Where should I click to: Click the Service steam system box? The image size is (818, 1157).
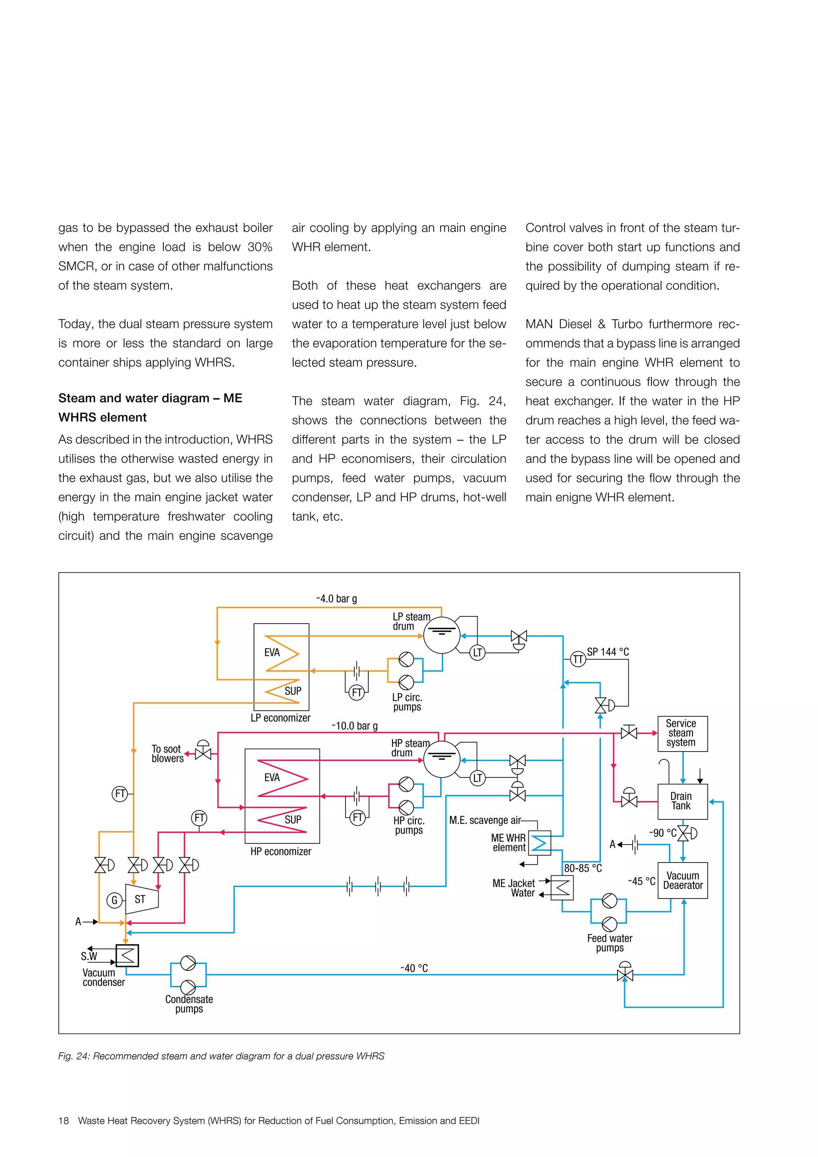click(x=682, y=733)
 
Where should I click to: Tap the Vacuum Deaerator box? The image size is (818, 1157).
click(x=682, y=881)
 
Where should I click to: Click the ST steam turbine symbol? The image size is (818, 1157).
click(x=141, y=899)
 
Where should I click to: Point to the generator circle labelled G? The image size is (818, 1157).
click(x=114, y=900)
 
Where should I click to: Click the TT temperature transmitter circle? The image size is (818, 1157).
click(x=578, y=659)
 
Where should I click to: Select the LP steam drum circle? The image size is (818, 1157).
click(x=441, y=636)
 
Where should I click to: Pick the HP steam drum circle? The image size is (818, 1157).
click(x=441, y=759)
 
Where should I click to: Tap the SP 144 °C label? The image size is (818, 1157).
click(x=608, y=652)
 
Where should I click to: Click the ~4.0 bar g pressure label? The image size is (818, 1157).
click(x=336, y=598)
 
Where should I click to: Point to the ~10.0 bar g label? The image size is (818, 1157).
click(x=354, y=726)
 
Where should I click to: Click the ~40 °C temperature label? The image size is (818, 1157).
click(x=414, y=968)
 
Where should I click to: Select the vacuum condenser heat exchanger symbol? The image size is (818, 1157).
click(x=127, y=955)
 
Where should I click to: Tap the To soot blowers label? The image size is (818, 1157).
click(x=167, y=753)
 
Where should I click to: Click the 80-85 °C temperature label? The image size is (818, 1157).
click(x=583, y=868)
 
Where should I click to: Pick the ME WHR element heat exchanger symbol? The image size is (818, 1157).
click(x=540, y=843)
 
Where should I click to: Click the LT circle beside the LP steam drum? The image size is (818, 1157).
click(x=477, y=653)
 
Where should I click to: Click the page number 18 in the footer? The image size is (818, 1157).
click(x=64, y=1121)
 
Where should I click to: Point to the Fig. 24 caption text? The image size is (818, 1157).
click(x=221, y=1056)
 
